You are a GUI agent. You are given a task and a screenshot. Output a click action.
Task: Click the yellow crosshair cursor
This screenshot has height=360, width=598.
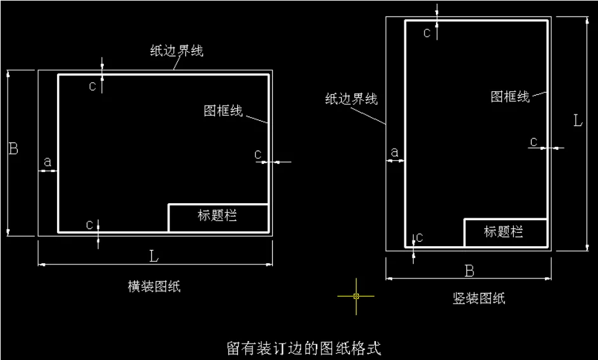pyautogui.click(x=356, y=295)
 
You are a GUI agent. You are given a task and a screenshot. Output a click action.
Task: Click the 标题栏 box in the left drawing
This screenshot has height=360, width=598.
pyautogui.click(x=218, y=217)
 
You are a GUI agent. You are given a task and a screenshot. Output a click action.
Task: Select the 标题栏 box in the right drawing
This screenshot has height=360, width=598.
pyautogui.click(x=504, y=232)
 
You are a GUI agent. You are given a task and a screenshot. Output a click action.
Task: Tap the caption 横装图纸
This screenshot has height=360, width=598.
pyautogui.click(x=154, y=287)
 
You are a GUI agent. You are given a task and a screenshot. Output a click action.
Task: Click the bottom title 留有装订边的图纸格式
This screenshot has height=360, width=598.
pyautogui.click(x=304, y=348)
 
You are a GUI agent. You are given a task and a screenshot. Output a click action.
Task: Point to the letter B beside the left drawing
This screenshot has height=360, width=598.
pyautogui.click(x=13, y=149)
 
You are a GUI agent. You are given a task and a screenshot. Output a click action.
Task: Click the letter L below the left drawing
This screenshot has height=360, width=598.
pyautogui.click(x=154, y=256)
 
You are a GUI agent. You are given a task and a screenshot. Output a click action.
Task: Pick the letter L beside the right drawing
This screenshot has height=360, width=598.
pyautogui.click(x=578, y=120)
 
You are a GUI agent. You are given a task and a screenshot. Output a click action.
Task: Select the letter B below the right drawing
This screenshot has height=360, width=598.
pyautogui.click(x=470, y=271)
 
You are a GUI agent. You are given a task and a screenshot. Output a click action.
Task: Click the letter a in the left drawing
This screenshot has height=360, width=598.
pyautogui.click(x=47, y=162)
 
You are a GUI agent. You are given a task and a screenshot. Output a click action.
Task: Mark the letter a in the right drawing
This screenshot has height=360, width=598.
pyautogui.click(x=395, y=152)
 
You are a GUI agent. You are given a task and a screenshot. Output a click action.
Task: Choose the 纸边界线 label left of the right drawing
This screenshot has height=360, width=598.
pyautogui.click(x=351, y=99)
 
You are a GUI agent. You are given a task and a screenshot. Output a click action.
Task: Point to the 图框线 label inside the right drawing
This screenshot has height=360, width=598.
pyautogui.click(x=510, y=96)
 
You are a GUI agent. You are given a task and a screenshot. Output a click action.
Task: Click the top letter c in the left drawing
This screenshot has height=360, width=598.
pyautogui.click(x=93, y=87)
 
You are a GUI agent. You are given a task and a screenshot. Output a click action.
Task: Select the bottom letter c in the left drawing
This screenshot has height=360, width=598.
pyautogui.click(x=90, y=225)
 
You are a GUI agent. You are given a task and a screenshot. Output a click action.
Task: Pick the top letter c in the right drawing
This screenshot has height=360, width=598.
pyautogui.click(x=427, y=33)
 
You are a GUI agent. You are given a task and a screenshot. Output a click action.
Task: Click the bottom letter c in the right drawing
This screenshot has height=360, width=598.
pyautogui.click(x=419, y=237)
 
